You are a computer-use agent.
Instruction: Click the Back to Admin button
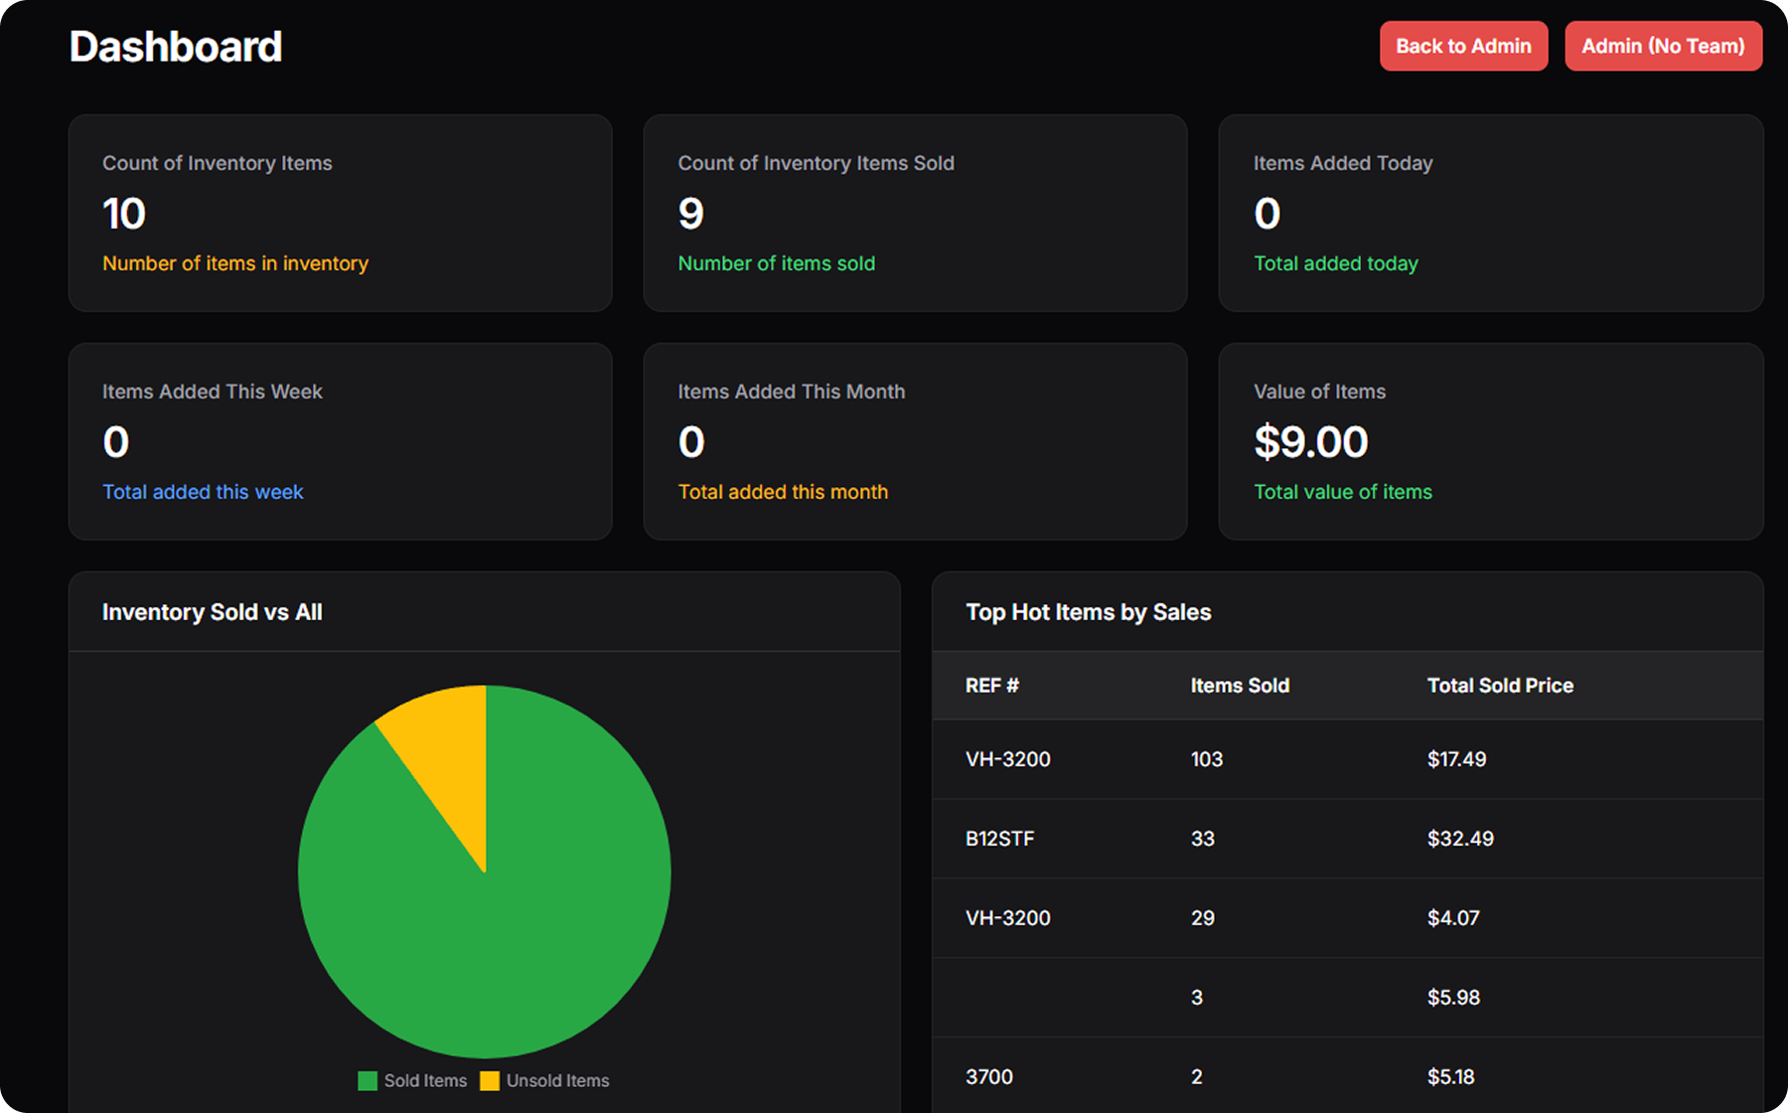click(1463, 47)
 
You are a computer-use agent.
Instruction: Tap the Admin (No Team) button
click(1663, 47)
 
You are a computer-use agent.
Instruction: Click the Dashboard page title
click(176, 47)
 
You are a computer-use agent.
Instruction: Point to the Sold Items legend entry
click(413, 1080)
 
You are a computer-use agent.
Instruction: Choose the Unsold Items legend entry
click(545, 1080)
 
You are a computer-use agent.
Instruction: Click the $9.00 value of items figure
click(1311, 442)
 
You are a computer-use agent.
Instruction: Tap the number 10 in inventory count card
click(124, 214)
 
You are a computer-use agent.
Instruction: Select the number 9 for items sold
click(690, 214)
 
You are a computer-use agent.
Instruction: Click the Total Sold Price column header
click(1500, 686)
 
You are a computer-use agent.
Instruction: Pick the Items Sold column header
click(1240, 686)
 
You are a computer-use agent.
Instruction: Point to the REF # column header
click(992, 686)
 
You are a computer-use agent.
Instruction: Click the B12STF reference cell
click(1000, 839)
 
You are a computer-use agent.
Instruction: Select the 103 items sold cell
click(1207, 759)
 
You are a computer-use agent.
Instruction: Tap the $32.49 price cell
click(1460, 839)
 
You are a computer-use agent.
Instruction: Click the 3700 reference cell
click(989, 1077)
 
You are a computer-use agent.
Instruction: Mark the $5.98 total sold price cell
click(1453, 998)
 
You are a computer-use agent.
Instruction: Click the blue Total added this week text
click(203, 492)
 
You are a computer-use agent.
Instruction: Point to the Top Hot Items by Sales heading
click(1088, 612)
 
